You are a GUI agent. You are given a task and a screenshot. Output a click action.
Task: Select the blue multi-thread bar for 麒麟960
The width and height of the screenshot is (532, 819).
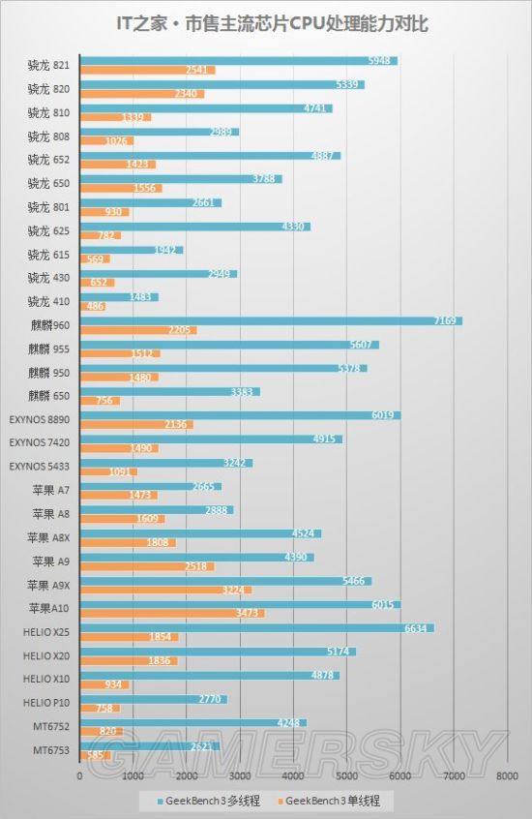coord(271,320)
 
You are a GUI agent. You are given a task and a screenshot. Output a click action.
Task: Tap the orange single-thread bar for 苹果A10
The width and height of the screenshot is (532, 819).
coord(171,614)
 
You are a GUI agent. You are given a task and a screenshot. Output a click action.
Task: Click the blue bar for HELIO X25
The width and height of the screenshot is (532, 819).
coord(256,627)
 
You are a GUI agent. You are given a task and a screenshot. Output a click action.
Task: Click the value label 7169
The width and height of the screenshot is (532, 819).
coord(447,320)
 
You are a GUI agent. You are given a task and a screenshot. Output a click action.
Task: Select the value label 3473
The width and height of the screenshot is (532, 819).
coord(250,614)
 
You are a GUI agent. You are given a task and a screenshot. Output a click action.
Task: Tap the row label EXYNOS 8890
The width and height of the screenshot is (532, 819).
coord(40,419)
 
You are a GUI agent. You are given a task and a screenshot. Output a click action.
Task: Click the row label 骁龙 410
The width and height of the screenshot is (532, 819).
coord(46,302)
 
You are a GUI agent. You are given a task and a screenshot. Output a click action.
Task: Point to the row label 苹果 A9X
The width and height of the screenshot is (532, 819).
coord(48,586)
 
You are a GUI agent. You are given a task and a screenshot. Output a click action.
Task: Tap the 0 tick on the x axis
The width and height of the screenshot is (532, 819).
coord(79,775)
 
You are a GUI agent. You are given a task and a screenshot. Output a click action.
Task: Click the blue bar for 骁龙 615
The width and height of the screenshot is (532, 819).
coord(131,250)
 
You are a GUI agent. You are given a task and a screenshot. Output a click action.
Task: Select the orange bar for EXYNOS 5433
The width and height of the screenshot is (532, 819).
coord(108,471)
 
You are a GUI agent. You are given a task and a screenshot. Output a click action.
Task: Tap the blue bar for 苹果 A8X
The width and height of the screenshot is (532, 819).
coord(199,533)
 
